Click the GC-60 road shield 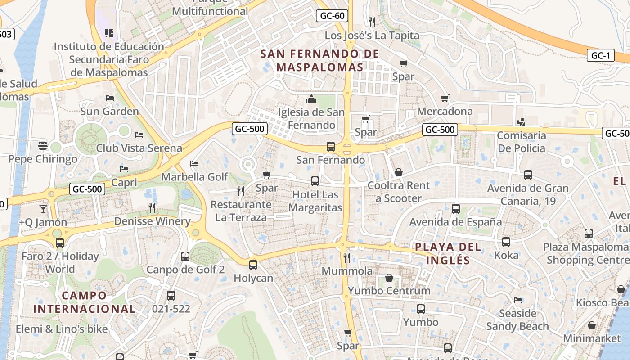coord(332,16)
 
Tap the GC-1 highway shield coord(600,56)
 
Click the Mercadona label coord(445,111)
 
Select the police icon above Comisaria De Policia coord(522,122)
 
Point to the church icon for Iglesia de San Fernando coord(311,99)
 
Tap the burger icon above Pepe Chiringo coord(43,146)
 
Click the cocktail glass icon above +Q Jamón coord(43,209)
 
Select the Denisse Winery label coord(152,221)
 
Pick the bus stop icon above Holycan coord(253,265)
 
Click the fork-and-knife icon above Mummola coord(347,257)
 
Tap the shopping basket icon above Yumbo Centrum coord(389,278)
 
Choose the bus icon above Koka coord(506,242)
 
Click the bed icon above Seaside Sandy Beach coord(518,300)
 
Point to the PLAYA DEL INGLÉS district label coord(448,253)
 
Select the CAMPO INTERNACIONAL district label coord(84,302)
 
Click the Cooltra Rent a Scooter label coord(399,192)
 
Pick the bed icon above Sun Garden coord(109,98)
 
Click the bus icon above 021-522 coord(171,296)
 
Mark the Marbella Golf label coord(195,177)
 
